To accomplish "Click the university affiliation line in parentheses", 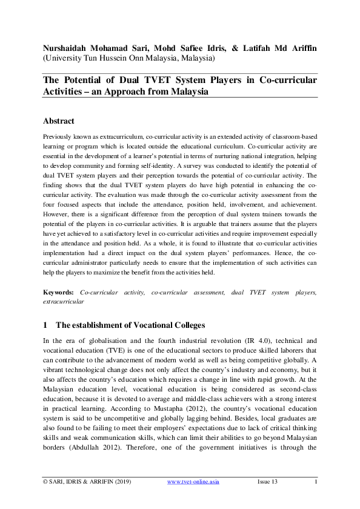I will [128, 59].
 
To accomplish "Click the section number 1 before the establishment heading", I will [45, 325].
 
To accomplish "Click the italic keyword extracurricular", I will [64, 301].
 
